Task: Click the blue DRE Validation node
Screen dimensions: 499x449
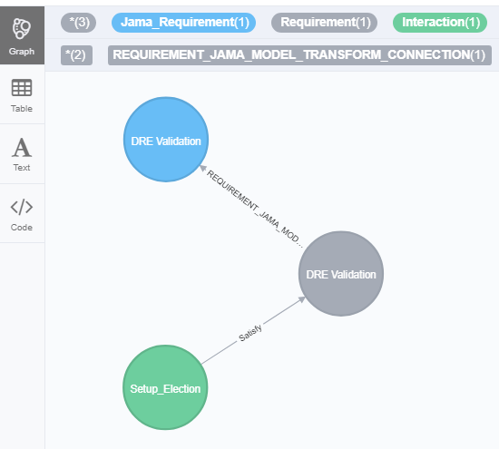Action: pos(166,140)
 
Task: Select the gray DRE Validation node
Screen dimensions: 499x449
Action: pos(341,274)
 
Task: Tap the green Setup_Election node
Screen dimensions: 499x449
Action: pos(165,387)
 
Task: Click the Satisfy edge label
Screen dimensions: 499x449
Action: pos(250,333)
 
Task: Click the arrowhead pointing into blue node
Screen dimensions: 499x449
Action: pos(202,168)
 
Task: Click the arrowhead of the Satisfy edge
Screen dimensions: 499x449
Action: pos(301,299)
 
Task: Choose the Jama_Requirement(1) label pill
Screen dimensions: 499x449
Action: pos(183,23)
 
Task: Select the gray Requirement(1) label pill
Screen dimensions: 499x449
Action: pos(324,23)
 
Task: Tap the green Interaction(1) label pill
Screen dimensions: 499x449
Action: pos(440,23)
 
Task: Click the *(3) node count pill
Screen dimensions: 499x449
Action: pos(78,23)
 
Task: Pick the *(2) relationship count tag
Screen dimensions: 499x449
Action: pos(77,55)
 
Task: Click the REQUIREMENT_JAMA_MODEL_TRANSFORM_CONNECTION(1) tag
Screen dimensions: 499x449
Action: pos(299,55)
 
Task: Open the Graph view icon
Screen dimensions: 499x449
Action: pos(22,29)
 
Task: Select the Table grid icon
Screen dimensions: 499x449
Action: pos(22,87)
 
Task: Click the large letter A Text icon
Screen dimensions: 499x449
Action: pos(22,148)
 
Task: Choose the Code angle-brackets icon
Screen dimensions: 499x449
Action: pos(22,207)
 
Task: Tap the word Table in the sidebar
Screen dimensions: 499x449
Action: pos(22,109)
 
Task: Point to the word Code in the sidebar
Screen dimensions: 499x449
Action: pos(22,227)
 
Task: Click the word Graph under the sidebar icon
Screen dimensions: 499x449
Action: pos(22,52)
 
